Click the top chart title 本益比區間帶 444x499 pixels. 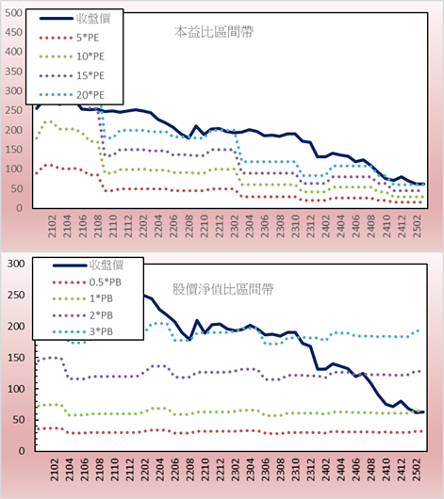[214, 32]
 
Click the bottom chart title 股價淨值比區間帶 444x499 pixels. [223, 289]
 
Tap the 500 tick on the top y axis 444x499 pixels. [14, 13]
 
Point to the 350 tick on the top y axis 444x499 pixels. [14, 72]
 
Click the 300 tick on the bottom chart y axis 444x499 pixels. [16, 264]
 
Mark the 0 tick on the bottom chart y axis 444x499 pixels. [22, 451]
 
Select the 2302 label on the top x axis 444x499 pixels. [235, 226]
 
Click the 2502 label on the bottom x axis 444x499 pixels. [417, 470]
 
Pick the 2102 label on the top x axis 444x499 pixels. [52, 226]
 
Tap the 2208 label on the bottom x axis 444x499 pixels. [190, 470]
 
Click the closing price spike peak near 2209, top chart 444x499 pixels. [196, 126]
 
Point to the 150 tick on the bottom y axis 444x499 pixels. [16, 358]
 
